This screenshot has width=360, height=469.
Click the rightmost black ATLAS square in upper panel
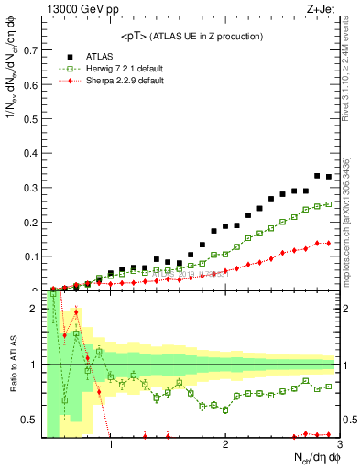(x=329, y=177)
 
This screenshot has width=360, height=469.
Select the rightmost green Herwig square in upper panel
(x=329, y=204)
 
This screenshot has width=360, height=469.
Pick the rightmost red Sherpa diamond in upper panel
(x=329, y=243)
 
